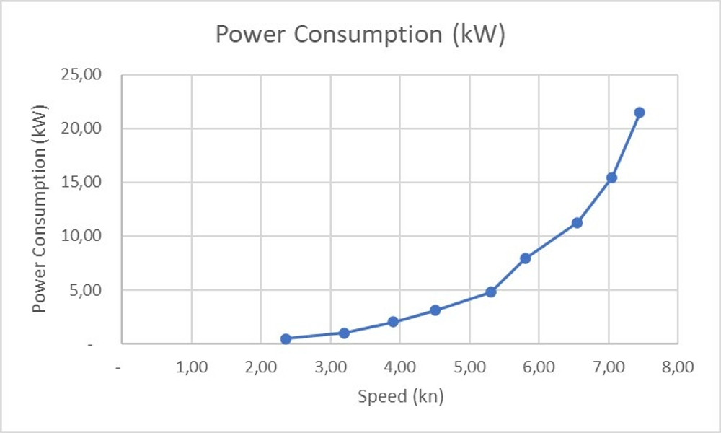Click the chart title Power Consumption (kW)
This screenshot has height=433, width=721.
click(360, 35)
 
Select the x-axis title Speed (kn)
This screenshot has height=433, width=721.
click(400, 396)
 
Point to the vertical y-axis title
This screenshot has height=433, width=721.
click(40, 209)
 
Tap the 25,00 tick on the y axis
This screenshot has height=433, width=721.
click(92, 74)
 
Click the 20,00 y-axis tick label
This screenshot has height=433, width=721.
click(92, 128)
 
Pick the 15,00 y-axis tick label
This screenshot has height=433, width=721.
click(92, 182)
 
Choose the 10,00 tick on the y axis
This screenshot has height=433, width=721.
click(92, 236)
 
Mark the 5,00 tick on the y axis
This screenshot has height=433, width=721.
click(96, 290)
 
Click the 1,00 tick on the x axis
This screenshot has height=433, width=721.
click(191, 367)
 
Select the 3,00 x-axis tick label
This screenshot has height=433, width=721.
click(330, 367)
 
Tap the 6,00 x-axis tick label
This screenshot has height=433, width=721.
click(539, 367)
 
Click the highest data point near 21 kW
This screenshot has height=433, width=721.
click(639, 113)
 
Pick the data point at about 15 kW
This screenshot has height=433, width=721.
click(611, 178)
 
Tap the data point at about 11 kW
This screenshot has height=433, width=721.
click(577, 223)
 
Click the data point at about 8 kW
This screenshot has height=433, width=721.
click(525, 258)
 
